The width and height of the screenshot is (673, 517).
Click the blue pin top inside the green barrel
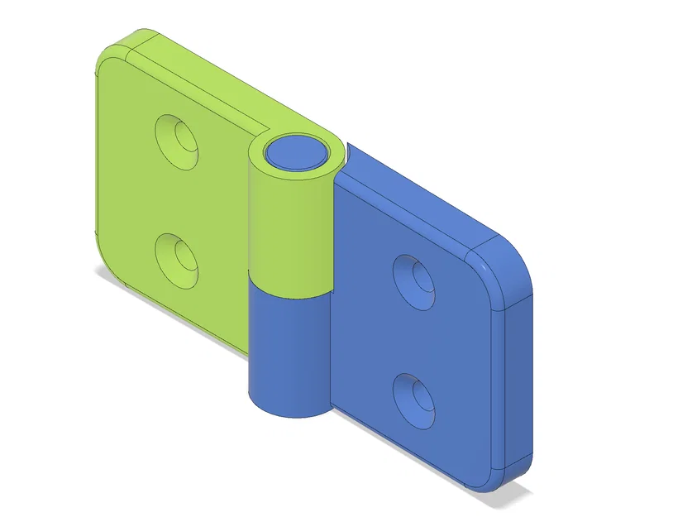[294, 152]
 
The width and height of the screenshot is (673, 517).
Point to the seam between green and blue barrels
[289, 290]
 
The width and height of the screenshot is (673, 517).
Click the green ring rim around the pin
[319, 165]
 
